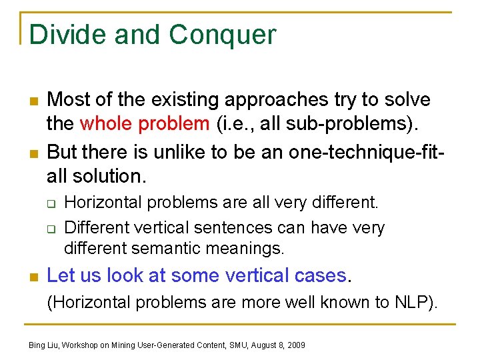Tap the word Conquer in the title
click(x=222, y=35)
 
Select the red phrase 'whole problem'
click(x=144, y=124)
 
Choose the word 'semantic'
click(x=168, y=249)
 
